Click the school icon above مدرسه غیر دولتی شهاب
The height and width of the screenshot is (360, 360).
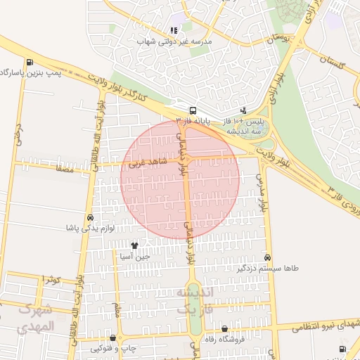click(x=173, y=30)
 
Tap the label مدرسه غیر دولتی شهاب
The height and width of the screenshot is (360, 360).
click(x=173, y=41)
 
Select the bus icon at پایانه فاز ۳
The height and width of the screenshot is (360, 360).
click(x=193, y=110)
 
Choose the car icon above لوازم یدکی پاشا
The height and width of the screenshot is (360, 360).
click(x=89, y=218)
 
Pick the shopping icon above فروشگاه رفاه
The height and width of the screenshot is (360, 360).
click(x=224, y=328)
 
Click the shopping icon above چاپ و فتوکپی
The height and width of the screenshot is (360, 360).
click(x=113, y=338)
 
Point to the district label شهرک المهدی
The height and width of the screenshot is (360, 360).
click(x=35, y=317)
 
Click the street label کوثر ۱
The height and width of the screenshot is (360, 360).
click(x=51, y=280)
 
